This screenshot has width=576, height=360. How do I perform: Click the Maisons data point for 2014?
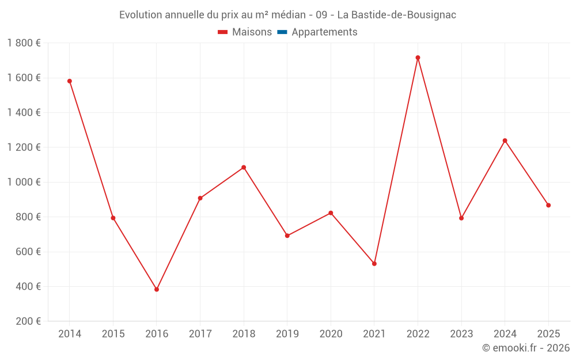tap(70, 81)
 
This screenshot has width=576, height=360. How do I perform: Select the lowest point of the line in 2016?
tap(157, 289)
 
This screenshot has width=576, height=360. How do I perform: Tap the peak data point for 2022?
tap(418, 58)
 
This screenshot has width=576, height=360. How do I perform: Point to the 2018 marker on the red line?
tap(244, 168)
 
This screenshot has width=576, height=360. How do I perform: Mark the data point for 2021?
tap(374, 264)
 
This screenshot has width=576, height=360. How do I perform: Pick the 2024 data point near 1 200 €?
tap(505, 141)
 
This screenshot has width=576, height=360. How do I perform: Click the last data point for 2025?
tap(548, 205)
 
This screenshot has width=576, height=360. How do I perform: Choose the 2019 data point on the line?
tap(287, 236)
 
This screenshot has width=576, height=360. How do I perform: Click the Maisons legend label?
tap(252, 32)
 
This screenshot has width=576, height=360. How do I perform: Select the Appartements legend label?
tap(324, 32)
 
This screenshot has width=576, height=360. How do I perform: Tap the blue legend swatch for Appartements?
tap(282, 32)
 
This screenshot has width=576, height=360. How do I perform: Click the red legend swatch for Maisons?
tap(223, 32)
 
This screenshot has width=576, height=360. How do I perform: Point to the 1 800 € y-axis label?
tap(24, 43)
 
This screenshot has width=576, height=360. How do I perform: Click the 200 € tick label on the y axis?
tap(28, 321)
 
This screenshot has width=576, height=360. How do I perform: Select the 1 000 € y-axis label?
tap(24, 182)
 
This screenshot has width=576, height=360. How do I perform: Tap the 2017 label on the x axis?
tap(200, 334)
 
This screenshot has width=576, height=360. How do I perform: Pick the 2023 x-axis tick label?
tap(461, 334)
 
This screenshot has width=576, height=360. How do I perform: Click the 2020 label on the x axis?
tap(331, 334)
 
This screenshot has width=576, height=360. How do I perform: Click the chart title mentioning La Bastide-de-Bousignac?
tap(287, 15)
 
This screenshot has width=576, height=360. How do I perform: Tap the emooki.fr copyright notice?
tap(525, 348)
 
